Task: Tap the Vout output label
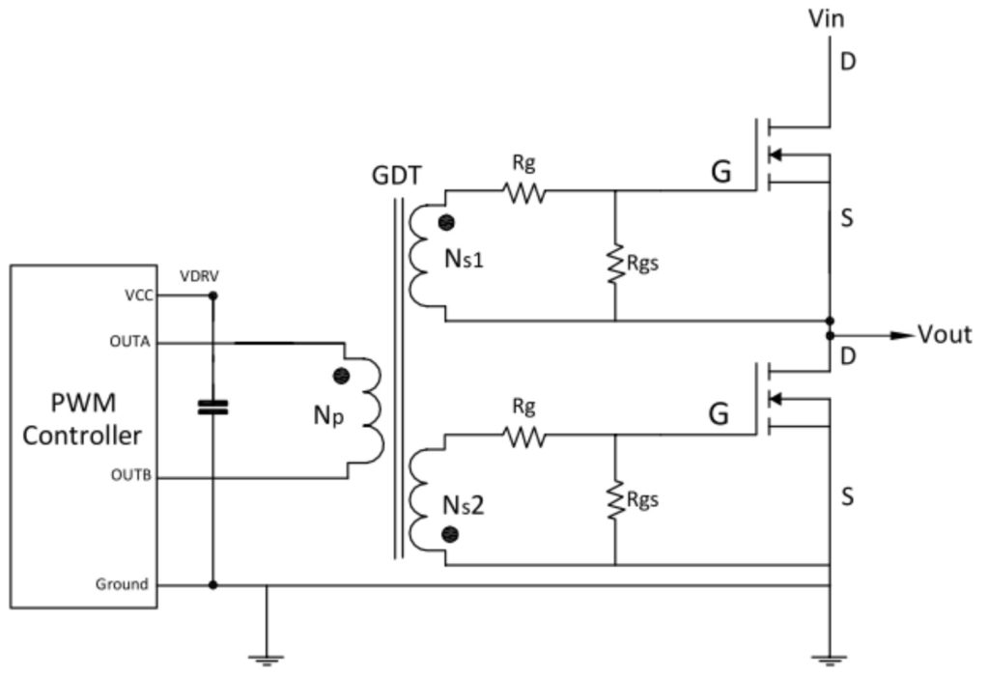945,335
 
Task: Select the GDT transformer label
397,177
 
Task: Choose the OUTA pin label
130,343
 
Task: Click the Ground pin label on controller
122,584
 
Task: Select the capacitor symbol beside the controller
212,407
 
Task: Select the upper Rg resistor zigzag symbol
524,193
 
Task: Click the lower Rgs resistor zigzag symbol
614,500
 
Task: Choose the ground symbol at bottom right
829,660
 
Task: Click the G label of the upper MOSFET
720,174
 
